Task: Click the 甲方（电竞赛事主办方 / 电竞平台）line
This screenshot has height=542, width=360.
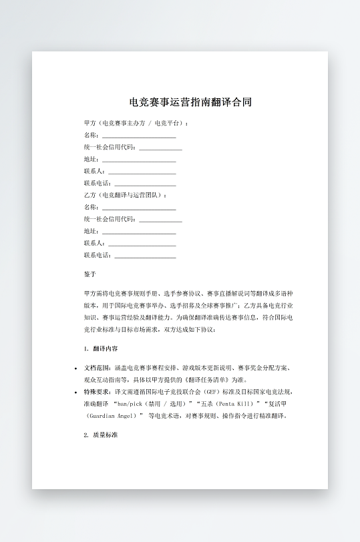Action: pyautogui.click(x=136, y=123)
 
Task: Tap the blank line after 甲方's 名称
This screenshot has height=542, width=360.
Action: pyautogui.click(x=139, y=135)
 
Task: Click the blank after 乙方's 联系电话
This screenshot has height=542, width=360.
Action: pyautogui.click(x=145, y=255)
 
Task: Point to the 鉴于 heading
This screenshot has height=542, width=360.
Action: pyautogui.click(x=90, y=274)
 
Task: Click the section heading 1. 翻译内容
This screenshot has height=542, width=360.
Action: pyautogui.click(x=101, y=349)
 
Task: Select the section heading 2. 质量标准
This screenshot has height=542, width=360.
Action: pyautogui.click(x=101, y=435)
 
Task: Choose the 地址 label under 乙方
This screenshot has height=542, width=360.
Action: pyautogui.click(x=91, y=231)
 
